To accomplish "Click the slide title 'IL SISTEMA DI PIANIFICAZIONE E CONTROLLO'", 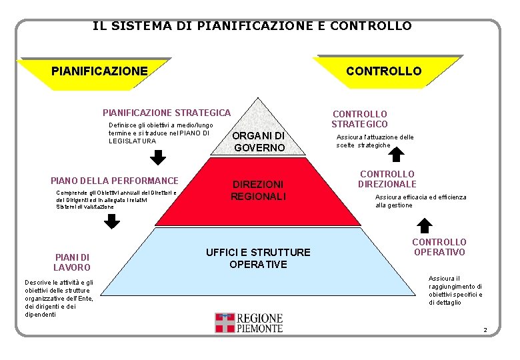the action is coord(252,26).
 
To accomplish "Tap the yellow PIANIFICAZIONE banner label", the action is coord(99,70).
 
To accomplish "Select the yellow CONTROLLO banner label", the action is coord(383,71).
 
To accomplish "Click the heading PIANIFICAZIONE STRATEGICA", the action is coord(166,113).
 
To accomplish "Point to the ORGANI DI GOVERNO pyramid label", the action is coord(259,141).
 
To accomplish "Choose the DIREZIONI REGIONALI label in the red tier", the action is coord(258,190).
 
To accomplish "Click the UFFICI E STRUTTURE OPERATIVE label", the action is coord(258,258).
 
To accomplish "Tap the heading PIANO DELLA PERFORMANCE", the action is coord(115,181).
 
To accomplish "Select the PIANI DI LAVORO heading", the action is coord(72,262).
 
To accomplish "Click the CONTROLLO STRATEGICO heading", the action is coord(359,119).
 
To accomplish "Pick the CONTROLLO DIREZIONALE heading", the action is coord(387,179).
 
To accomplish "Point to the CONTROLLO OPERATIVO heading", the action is coord(439,247).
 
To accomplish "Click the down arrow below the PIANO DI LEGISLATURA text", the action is coord(157,158).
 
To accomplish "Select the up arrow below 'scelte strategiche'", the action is coord(396,155).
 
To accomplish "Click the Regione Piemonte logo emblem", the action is coord(225,323).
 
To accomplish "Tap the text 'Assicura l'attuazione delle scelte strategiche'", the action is coord(375,141).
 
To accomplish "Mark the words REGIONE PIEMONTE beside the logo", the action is coord(260,323).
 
